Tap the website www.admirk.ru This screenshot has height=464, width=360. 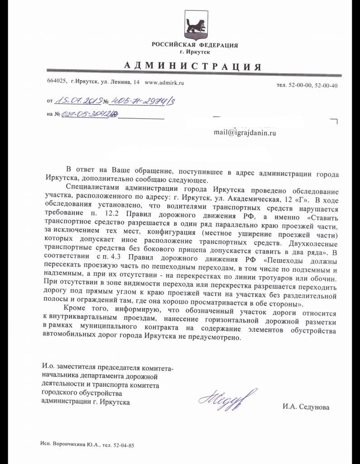pyautogui.click(x=164, y=83)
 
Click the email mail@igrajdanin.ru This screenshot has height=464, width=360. pyautogui.click(x=245, y=133)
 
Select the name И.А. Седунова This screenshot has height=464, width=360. pyautogui.click(x=306, y=407)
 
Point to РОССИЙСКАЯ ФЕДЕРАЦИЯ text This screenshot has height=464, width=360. pyautogui.click(x=195, y=45)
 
